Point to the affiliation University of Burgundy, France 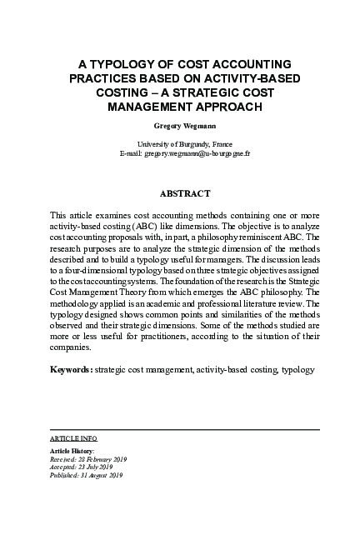point(179,144)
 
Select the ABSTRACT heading point(179,193)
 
